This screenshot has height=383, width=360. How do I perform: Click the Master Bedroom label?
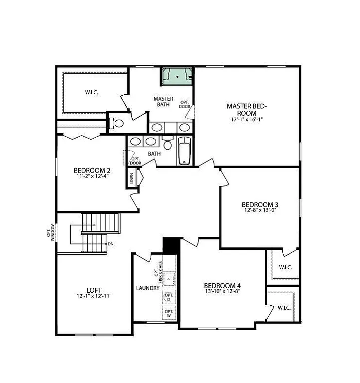tap(247, 109)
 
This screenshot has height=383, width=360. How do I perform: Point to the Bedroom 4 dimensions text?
tap(222, 291)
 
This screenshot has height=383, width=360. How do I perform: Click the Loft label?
tap(94, 289)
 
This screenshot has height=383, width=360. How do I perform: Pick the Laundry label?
tap(148, 288)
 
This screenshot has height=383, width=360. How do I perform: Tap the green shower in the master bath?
tap(177, 76)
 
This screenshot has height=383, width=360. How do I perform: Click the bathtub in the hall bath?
tap(184, 150)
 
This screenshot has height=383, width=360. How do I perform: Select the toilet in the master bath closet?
tap(118, 123)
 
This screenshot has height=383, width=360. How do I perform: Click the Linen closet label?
tap(132, 178)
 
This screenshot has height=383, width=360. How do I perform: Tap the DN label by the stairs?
tap(110, 244)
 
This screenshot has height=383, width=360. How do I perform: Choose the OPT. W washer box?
tap(169, 313)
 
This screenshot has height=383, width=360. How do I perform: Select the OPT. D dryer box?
tap(169, 297)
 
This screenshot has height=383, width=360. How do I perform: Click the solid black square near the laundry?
tap(171, 246)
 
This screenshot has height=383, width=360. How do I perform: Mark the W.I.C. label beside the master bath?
tap(91, 92)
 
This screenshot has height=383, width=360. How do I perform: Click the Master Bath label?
tap(163, 102)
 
